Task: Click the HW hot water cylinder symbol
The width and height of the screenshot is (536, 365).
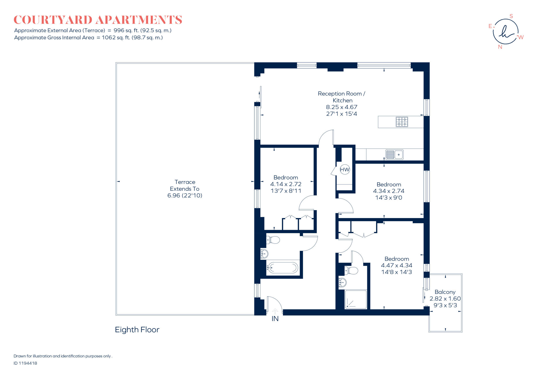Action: click(x=344, y=170)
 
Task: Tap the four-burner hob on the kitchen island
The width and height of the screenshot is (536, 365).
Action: click(x=402, y=122)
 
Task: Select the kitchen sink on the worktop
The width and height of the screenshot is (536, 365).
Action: click(x=394, y=155)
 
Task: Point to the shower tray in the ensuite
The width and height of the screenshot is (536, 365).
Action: click(x=356, y=299)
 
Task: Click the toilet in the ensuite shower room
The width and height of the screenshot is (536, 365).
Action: click(x=351, y=270)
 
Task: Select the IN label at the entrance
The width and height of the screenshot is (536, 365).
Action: click(x=275, y=319)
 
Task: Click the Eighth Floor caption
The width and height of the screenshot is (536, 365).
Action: click(x=137, y=330)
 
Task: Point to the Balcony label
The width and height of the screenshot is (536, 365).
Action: click(x=445, y=292)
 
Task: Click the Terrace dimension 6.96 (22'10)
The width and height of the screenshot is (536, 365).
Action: click(x=185, y=195)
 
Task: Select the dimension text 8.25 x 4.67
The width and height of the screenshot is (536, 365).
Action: click(x=341, y=107)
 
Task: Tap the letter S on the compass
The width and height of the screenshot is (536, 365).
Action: click(x=511, y=16)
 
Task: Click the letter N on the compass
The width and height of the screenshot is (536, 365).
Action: click(x=500, y=47)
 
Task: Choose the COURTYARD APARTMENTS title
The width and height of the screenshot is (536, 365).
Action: click(x=98, y=20)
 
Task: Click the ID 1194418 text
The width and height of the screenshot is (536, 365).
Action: click(x=25, y=363)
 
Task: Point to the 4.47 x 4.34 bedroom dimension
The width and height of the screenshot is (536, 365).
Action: click(x=396, y=265)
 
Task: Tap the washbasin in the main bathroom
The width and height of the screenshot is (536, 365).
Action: click(x=264, y=254)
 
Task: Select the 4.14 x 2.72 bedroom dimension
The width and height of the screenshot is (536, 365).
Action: click(x=286, y=184)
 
